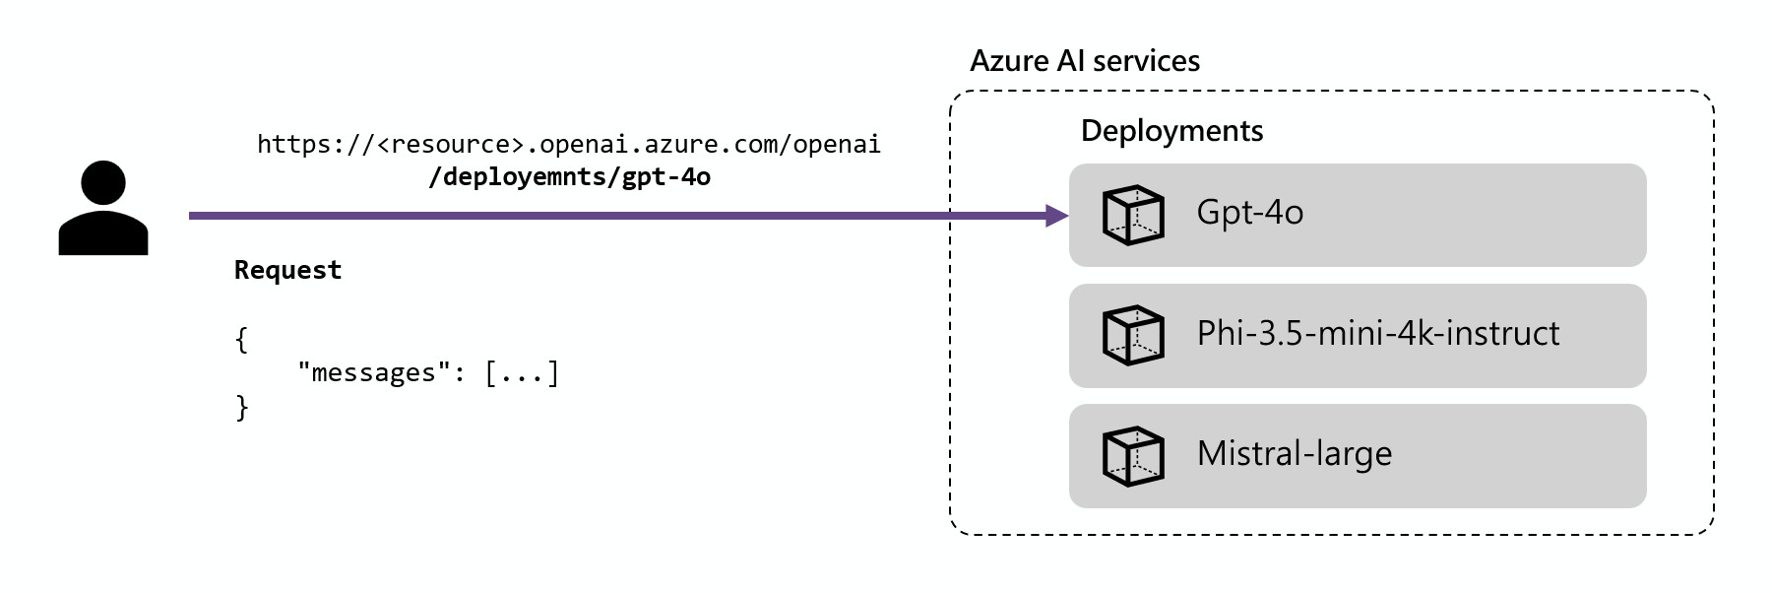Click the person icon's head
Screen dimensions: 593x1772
103,184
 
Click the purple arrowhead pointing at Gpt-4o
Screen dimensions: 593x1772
1057,215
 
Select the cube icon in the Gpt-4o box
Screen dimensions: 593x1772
1133,215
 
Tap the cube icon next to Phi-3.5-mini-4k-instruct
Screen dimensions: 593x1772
1133,335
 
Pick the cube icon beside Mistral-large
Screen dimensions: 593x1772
1133,456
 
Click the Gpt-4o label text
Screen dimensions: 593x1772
1249,213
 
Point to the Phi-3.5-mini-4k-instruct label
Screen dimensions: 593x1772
1377,334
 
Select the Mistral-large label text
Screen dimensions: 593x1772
1294,454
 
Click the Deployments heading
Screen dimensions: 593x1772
1171,131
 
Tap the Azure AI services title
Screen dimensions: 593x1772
1084,61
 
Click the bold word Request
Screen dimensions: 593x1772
287,270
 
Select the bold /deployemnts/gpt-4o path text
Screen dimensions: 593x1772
569,177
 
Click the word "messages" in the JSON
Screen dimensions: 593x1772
373,373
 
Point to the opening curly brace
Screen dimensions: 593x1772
241,340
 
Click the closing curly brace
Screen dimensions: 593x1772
241,407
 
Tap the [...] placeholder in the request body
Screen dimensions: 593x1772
522,373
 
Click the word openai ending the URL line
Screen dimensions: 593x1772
836,145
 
